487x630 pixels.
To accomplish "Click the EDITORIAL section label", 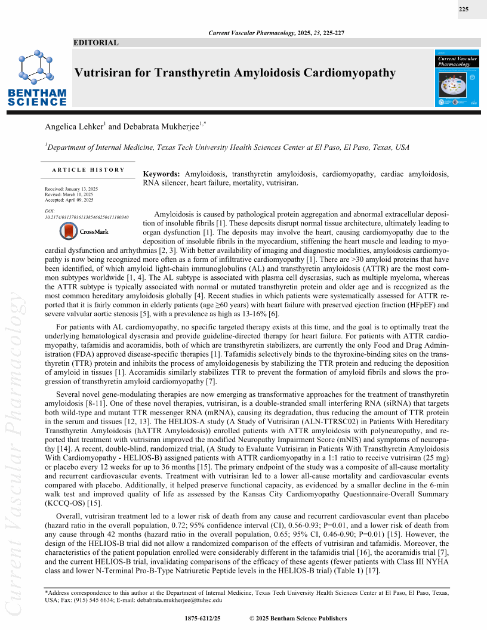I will coord(96,42).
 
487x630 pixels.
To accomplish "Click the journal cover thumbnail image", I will coord(458,78).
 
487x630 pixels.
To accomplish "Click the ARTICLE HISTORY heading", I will coord(88,169).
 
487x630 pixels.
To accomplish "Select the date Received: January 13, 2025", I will coord(72,189).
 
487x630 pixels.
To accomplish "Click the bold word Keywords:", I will coord(162,174).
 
